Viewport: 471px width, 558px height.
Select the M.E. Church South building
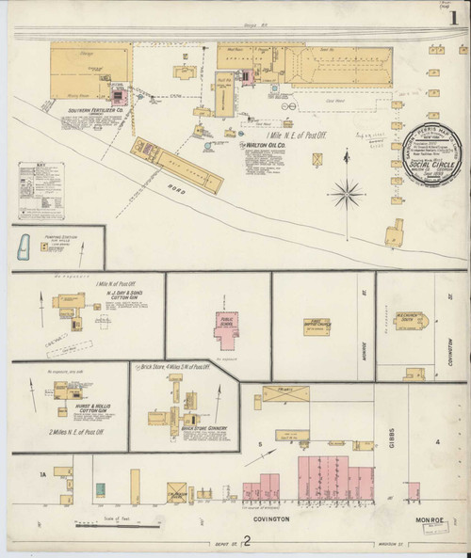click(413, 323)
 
